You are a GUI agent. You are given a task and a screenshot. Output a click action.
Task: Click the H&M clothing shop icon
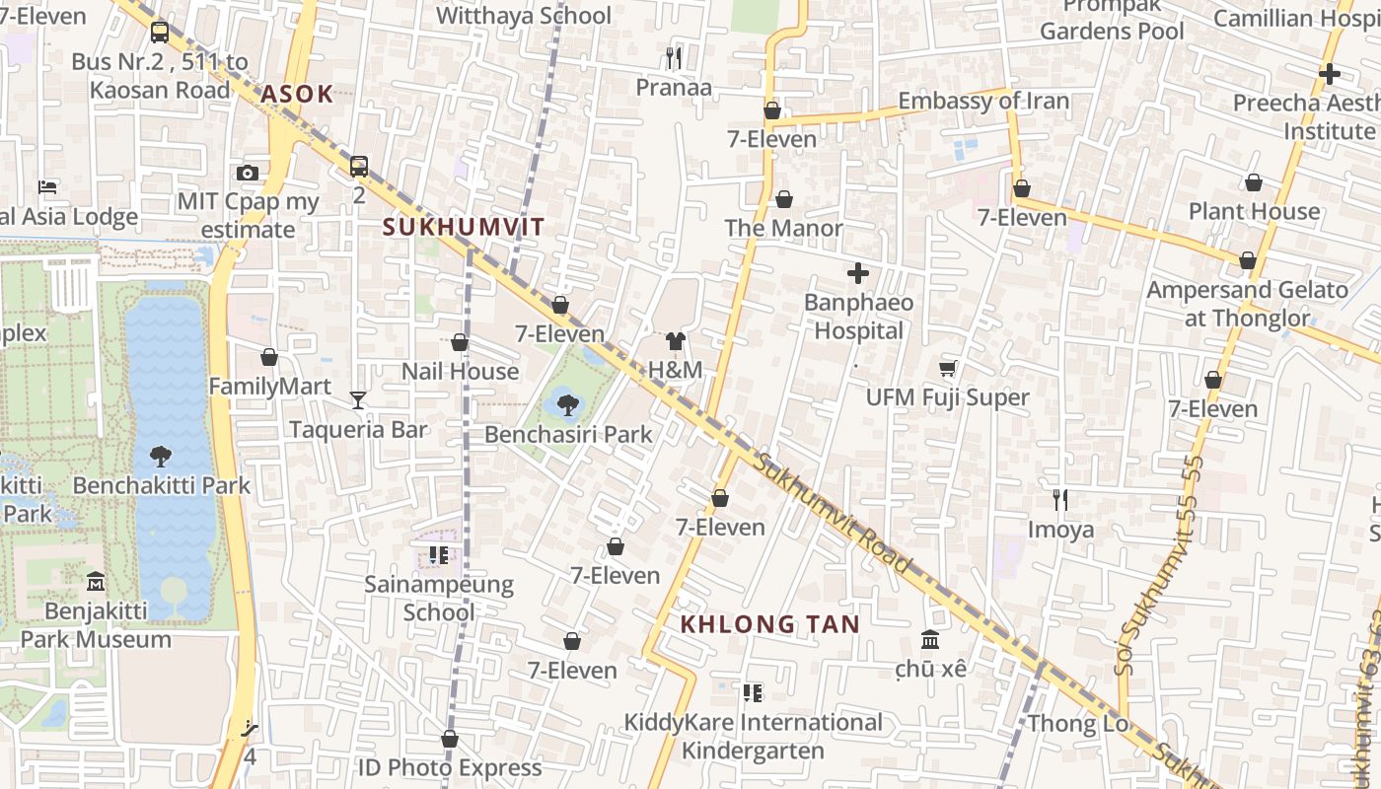(676, 341)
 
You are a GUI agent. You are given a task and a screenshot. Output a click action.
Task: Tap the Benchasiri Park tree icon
(567, 404)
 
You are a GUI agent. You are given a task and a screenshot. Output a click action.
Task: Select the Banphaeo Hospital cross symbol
(858, 273)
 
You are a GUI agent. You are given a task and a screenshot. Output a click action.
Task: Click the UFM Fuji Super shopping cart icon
(948, 368)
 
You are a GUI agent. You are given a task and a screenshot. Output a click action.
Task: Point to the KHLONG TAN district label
(770, 624)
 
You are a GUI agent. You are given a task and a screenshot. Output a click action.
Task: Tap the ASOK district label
(297, 95)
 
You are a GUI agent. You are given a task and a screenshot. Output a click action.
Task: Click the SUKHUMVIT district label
(463, 227)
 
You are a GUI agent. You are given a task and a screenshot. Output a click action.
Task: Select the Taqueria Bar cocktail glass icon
(358, 399)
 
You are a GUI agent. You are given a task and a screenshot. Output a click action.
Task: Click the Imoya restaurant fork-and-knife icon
(1060, 500)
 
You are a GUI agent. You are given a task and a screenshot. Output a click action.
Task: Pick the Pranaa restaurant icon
(674, 58)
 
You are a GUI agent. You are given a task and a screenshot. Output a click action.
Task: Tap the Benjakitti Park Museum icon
(96, 581)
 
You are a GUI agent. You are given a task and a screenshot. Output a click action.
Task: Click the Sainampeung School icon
(439, 555)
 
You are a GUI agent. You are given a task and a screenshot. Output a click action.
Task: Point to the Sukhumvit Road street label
(833, 513)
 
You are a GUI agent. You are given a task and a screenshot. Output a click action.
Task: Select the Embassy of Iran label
(982, 101)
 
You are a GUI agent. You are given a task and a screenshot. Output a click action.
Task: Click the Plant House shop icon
(1253, 182)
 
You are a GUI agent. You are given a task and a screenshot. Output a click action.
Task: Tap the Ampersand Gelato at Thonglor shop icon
(1247, 261)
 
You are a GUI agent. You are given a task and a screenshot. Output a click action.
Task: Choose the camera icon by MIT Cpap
(248, 174)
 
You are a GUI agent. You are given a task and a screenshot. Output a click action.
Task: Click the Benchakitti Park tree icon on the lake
(161, 456)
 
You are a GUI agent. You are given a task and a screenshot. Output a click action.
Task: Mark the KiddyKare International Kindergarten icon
(753, 693)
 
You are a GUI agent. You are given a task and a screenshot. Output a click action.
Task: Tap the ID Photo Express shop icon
(450, 739)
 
